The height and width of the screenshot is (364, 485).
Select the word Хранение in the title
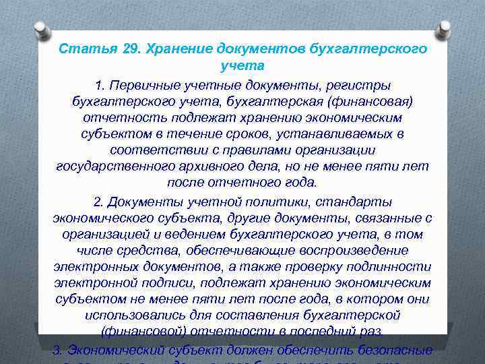click(x=179, y=49)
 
